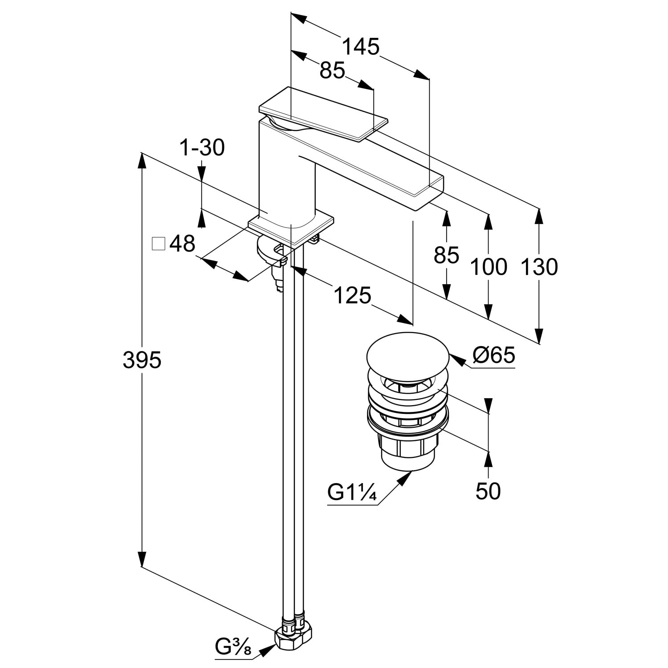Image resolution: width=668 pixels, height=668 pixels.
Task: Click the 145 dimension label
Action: coord(361,46)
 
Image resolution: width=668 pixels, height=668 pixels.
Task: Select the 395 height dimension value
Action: coord(142,360)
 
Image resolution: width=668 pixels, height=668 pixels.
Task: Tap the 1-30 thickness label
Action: coord(202,147)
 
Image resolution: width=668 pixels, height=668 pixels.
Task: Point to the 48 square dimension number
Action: coord(183,244)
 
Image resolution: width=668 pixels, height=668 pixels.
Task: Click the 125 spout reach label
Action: coord(351,295)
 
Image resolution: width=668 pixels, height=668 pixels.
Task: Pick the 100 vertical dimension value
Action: coord(489,267)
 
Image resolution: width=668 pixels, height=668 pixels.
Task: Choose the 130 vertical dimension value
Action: coord(539,267)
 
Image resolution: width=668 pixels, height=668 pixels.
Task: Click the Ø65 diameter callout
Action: coord(494,355)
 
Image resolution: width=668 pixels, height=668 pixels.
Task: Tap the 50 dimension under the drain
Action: coord(488,491)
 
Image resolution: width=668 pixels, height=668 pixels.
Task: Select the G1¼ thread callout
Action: coord(353,493)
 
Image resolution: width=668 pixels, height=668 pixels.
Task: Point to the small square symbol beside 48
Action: coord(158,244)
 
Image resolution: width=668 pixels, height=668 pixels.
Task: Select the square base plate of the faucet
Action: coord(292,229)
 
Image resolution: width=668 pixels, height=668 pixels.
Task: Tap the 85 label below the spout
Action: coord(447,255)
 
